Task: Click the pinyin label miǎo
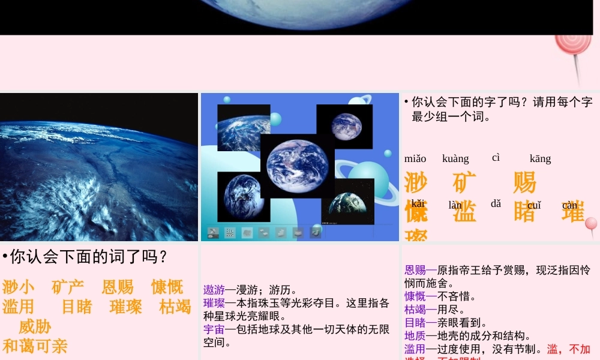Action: (x=415, y=159)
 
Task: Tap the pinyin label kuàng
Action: (x=455, y=159)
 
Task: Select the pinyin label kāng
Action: (x=540, y=159)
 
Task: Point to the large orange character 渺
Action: (x=416, y=182)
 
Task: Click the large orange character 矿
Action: (x=464, y=182)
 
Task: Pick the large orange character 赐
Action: (x=524, y=182)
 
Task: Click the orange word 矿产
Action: (x=68, y=287)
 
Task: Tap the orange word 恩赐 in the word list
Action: (x=118, y=287)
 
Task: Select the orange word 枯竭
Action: (x=175, y=307)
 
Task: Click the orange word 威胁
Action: (x=35, y=327)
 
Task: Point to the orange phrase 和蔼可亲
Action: (x=35, y=346)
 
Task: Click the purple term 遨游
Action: (x=214, y=290)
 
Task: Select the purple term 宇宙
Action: (x=214, y=329)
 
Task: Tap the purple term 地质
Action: (x=415, y=336)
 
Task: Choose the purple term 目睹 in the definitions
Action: (x=415, y=323)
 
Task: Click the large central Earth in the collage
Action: (x=298, y=165)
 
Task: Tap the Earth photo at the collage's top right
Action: (x=344, y=127)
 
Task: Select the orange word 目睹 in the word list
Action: (x=77, y=307)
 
